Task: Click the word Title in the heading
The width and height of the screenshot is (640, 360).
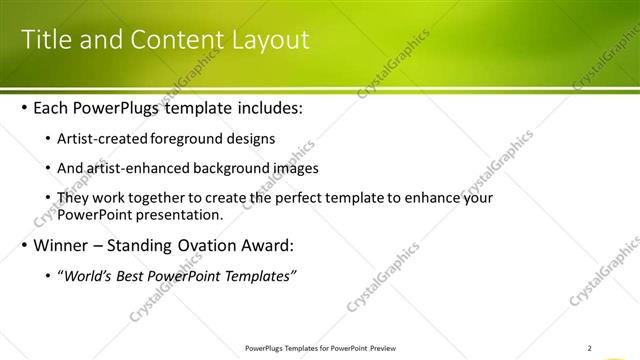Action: coord(46,40)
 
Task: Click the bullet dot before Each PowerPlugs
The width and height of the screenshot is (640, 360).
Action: coord(24,108)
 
